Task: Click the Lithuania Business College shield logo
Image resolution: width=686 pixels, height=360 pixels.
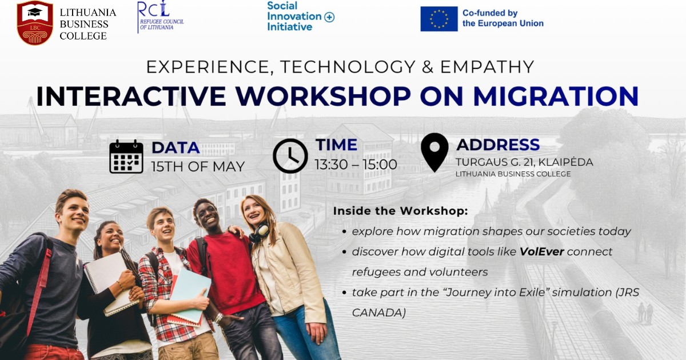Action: (35, 23)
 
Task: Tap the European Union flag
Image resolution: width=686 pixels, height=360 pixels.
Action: (439, 19)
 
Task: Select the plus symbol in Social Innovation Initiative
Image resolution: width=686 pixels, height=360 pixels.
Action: (329, 17)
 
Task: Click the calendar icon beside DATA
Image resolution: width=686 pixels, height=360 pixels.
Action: (126, 157)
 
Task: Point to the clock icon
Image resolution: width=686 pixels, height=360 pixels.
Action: (290, 156)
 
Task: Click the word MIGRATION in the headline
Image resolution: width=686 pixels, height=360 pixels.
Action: (556, 96)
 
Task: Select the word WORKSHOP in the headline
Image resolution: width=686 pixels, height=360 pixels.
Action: (323, 96)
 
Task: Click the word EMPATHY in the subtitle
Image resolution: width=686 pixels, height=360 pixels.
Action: (487, 67)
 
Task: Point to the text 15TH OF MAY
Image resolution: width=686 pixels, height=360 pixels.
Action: (198, 166)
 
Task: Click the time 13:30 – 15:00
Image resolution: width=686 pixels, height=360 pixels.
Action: (356, 165)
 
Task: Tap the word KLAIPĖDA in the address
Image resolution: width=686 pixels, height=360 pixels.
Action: (565, 162)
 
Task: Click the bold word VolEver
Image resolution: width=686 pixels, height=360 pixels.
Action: (542, 251)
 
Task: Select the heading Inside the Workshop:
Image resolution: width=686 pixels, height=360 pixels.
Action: (401, 211)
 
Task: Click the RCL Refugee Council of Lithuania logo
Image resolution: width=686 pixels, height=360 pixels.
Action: (161, 17)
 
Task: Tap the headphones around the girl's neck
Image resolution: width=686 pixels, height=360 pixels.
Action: (259, 233)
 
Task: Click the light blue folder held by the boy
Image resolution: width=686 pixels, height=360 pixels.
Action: (190, 295)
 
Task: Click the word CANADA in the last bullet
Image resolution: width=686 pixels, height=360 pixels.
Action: (379, 313)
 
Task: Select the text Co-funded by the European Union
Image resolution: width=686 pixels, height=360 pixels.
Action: (503, 18)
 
